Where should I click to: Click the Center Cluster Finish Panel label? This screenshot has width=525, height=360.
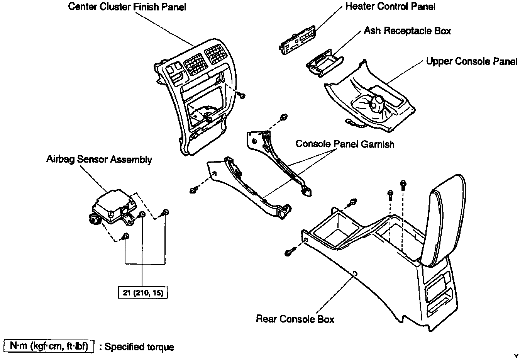click(127, 7)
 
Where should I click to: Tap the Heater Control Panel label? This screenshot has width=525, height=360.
click(390, 7)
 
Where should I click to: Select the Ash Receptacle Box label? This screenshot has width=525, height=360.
click(407, 31)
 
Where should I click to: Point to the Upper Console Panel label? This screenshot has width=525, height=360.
click(471, 62)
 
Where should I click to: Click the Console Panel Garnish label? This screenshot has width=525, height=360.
click(345, 144)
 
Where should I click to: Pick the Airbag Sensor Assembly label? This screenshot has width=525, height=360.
click(99, 160)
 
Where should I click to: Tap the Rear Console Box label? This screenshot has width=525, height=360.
click(295, 319)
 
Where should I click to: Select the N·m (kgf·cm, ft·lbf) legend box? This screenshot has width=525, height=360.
click(49, 346)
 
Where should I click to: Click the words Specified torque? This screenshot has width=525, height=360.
click(139, 347)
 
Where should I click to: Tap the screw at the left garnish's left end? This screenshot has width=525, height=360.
click(194, 190)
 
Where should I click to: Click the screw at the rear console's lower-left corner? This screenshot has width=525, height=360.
click(290, 252)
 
